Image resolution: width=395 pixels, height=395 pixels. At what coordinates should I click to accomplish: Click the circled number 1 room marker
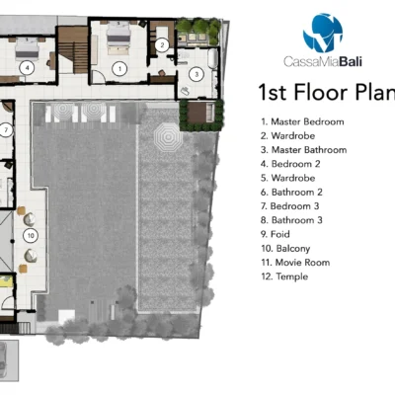[x=119, y=69]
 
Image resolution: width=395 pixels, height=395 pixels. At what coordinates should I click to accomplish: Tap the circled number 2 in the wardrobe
[x=162, y=45]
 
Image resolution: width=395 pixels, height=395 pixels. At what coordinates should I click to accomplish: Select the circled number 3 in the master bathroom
[x=197, y=74]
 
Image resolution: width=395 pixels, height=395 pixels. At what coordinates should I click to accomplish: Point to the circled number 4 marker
[x=27, y=68]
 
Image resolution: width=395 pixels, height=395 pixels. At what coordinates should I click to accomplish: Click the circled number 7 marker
[x=6, y=130]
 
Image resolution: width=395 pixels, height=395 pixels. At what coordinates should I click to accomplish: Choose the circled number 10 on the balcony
[x=31, y=235]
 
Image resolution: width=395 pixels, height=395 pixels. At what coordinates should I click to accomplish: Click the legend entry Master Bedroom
[x=302, y=121]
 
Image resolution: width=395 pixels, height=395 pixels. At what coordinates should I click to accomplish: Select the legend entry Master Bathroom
[x=304, y=150]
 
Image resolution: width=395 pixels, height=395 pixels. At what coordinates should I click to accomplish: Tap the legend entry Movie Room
[x=295, y=263]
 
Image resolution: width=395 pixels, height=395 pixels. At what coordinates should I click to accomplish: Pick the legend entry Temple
[x=284, y=276]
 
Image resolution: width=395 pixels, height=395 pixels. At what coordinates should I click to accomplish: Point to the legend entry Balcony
[x=285, y=249]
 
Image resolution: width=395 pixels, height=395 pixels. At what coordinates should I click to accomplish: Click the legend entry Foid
[x=276, y=234]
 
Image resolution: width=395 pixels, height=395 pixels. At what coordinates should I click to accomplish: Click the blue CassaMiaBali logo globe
[x=323, y=33]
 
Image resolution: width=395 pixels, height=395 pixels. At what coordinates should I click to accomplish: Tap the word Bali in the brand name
[x=351, y=61]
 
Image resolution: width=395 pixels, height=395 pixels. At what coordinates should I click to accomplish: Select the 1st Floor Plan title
[x=327, y=92]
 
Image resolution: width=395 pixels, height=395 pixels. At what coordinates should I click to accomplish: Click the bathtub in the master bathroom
[x=213, y=58]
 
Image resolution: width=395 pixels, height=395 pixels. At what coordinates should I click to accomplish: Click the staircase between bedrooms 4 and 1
[x=73, y=50]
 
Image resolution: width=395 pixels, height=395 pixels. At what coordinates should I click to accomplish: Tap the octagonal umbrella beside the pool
[x=168, y=136]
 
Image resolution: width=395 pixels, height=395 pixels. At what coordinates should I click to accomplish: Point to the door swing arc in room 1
[x=99, y=77]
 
